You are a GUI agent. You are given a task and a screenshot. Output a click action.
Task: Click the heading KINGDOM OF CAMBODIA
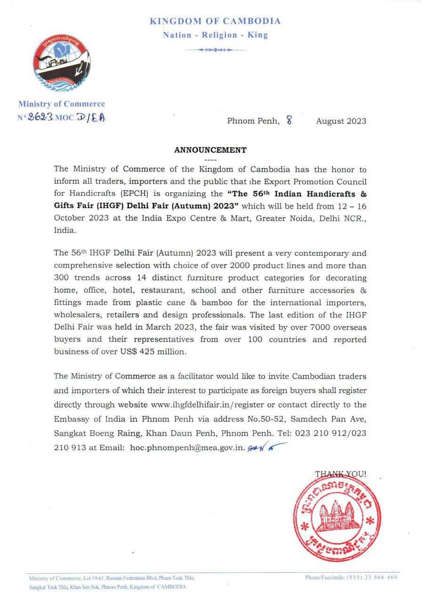coord(215,21)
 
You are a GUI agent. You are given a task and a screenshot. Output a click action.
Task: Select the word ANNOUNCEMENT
coord(210,150)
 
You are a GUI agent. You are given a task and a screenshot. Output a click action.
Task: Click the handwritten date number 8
coord(289,121)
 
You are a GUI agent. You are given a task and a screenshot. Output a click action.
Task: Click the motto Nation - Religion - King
coord(215,35)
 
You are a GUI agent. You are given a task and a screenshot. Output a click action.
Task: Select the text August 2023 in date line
coord(341,121)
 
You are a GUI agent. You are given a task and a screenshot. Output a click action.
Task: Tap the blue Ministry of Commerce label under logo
coord(62,104)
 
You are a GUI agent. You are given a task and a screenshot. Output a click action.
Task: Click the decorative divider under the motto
coord(215,49)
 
